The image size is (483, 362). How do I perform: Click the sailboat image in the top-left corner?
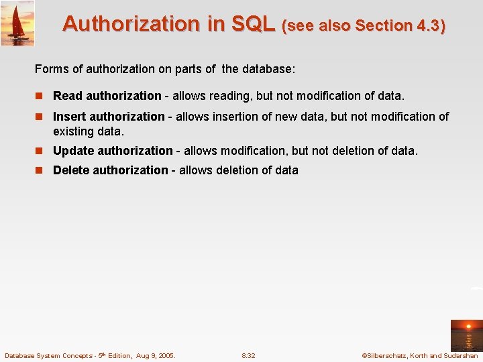click(17, 23)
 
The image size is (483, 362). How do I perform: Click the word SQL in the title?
click(253, 24)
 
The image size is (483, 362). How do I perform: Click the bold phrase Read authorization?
click(107, 96)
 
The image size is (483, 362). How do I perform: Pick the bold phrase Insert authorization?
click(109, 117)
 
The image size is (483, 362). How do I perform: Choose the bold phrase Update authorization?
click(113, 151)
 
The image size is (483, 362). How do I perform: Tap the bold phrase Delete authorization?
click(110, 170)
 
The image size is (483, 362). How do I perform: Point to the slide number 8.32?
click(248, 355)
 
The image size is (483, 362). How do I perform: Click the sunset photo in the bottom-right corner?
click(466, 335)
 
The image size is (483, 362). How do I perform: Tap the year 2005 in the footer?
click(165, 355)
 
